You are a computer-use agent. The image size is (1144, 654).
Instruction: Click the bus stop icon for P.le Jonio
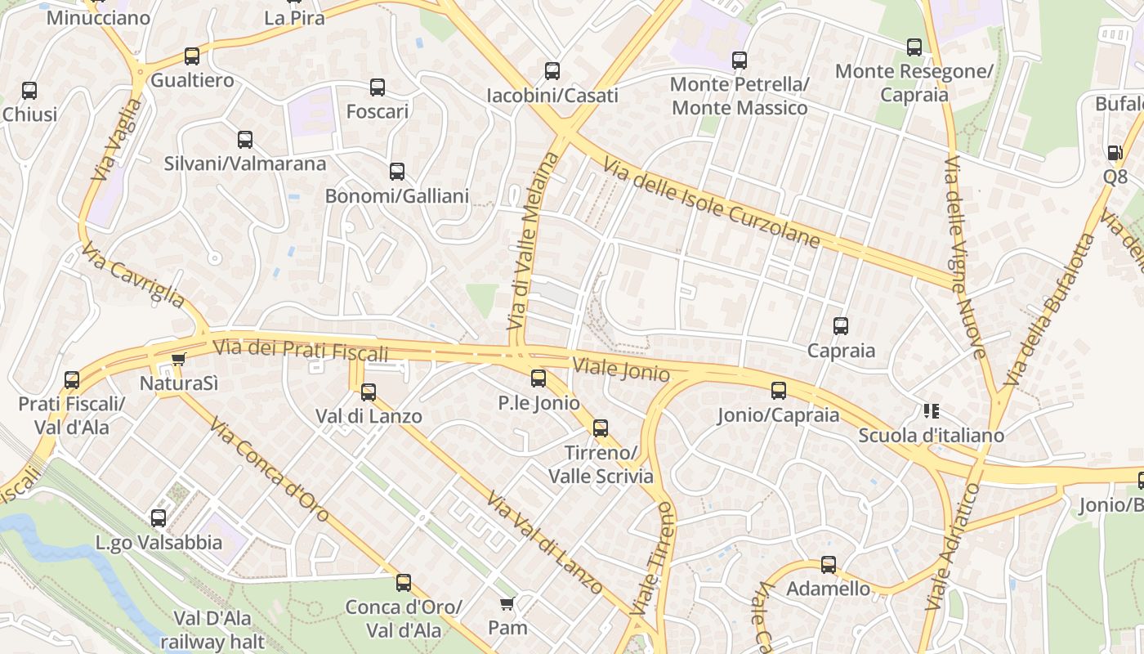[538, 378]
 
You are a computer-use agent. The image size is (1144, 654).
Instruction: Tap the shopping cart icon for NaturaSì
[179, 359]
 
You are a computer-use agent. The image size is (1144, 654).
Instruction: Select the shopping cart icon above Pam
[507, 604]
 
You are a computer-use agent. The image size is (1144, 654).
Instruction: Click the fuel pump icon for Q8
[1115, 153]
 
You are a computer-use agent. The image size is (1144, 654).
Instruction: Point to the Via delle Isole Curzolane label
[711, 203]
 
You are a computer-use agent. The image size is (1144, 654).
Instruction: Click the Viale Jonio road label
[621, 370]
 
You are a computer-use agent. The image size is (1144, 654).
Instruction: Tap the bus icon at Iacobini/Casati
[552, 71]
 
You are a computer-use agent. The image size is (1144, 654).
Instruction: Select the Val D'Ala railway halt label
[212, 629]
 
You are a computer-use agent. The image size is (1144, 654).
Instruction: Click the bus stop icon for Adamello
[829, 564]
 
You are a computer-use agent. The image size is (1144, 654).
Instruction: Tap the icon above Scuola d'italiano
[931, 410]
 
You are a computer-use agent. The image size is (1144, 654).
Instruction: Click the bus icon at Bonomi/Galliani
[397, 172]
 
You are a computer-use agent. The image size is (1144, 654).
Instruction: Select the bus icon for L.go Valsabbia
[159, 517]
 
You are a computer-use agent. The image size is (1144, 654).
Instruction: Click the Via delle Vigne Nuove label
[965, 257]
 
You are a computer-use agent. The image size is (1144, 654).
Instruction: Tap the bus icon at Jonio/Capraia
[779, 391]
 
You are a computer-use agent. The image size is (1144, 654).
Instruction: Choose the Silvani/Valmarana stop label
[245, 163]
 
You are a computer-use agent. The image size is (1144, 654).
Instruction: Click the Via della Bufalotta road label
[1050, 311]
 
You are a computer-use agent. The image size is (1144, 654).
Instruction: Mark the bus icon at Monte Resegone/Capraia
[914, 47]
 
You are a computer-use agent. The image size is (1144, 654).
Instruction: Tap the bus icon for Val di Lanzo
[369, 392]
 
